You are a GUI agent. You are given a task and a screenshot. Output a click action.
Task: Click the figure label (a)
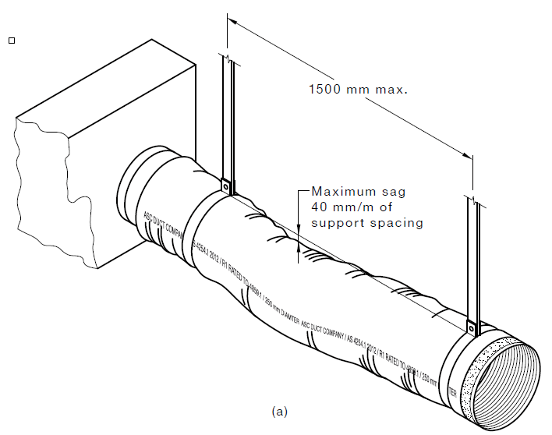(x=279, y=410)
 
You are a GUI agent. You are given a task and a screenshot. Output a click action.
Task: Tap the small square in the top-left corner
(x=11, y=39)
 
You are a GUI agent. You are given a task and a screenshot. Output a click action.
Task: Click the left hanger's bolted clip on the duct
(x=225, y=186)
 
